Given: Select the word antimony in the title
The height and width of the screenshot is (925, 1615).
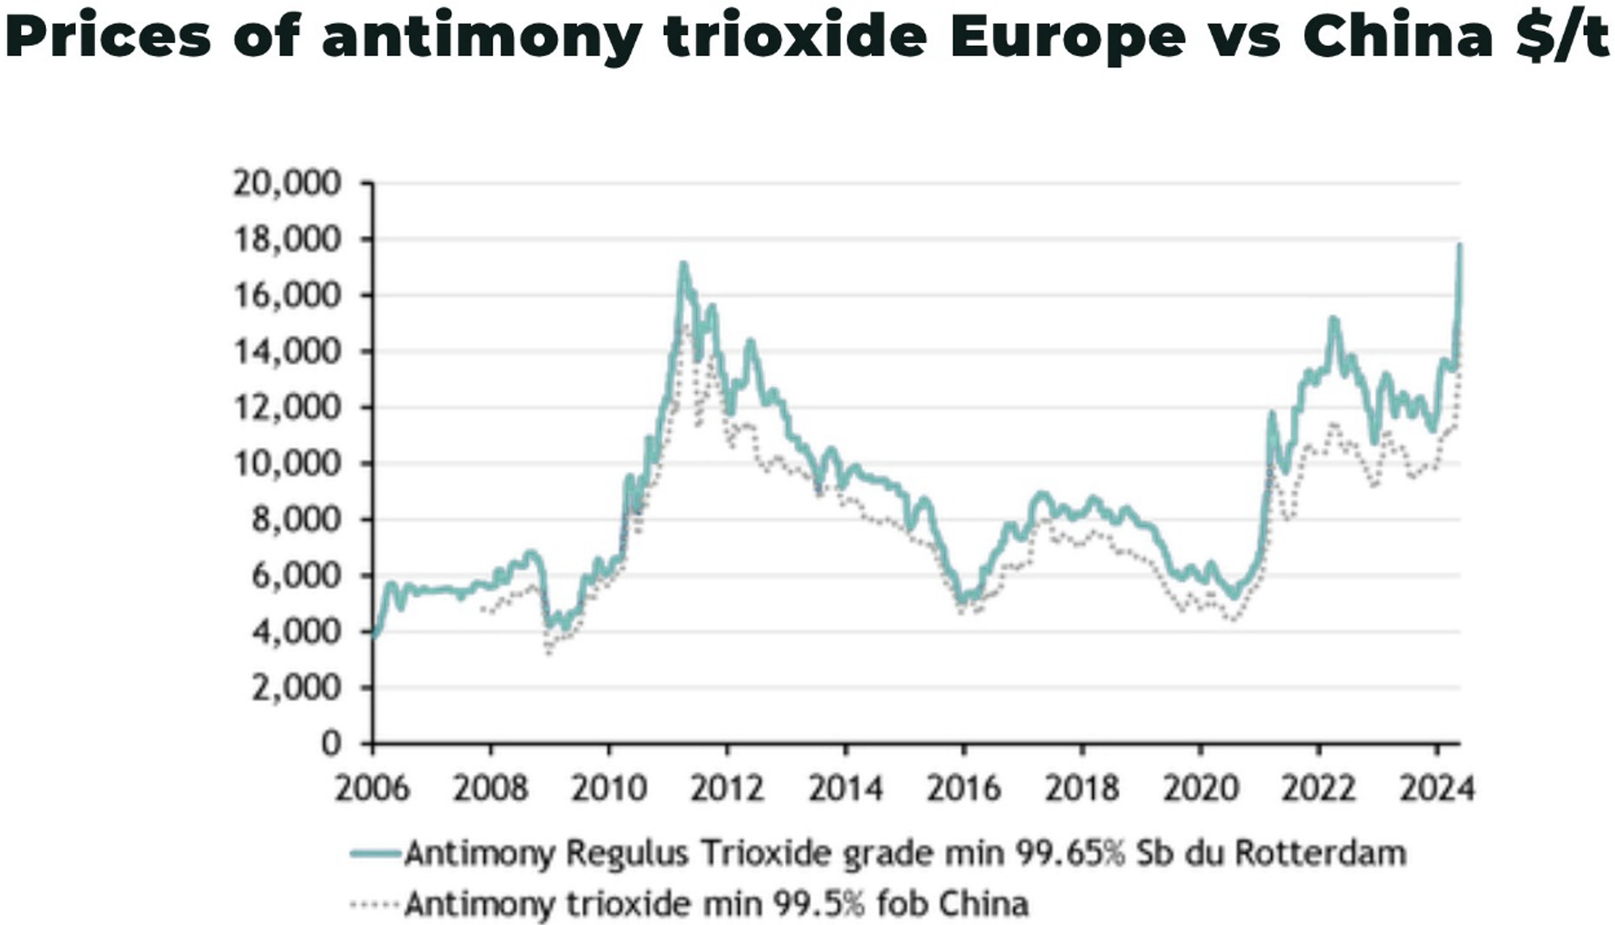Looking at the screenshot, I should click(x=482, y=37).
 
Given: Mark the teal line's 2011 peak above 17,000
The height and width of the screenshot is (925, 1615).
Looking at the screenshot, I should click(x=683, y=264).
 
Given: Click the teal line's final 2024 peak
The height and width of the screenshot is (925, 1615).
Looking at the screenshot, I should click(x=1460, y=246).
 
